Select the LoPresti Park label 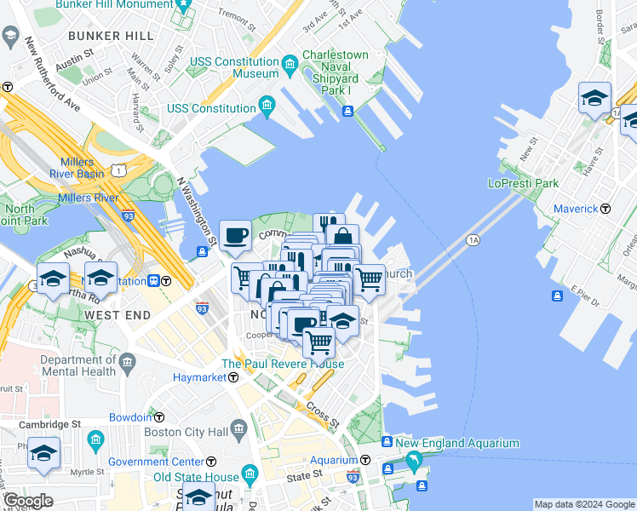click(x=523, y=182)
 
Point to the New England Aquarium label click(x=456, y=443)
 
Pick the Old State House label click(x=196, y=476)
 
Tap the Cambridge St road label click(x=52, y=423)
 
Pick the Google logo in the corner click(x=28, y=502)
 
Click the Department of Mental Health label click(x=77, y=365)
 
